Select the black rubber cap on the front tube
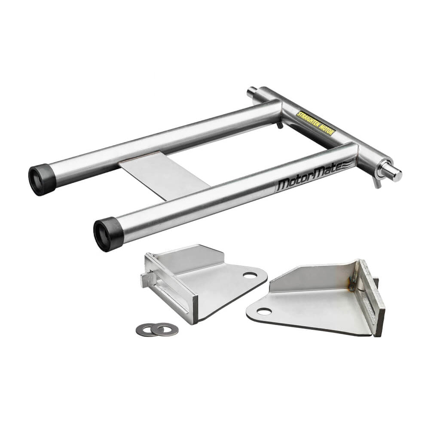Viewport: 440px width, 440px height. (x=107, y=233)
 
